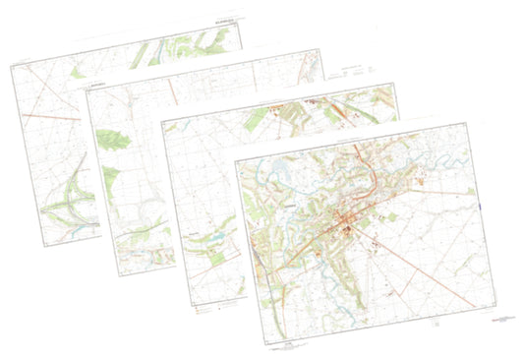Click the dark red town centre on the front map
[346, 230]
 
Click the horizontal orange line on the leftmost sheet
[49, 115]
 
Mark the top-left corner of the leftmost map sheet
[9, 67]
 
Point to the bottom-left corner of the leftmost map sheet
[37, 241]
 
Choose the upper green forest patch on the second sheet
[114, 139]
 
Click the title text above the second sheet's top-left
[98, 86]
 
